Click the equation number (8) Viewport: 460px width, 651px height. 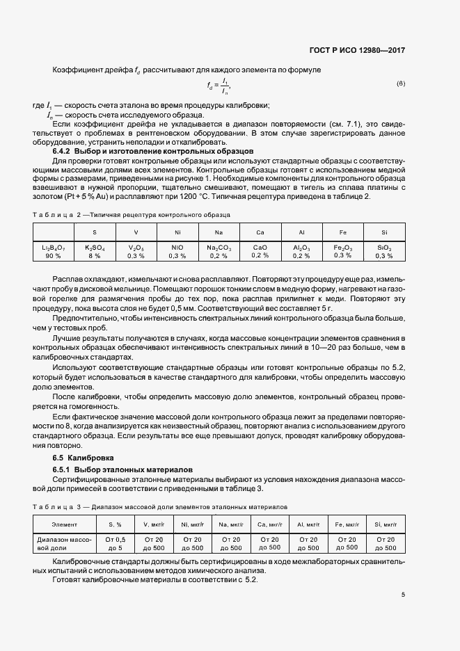pyautogui.click(x=400, y=84)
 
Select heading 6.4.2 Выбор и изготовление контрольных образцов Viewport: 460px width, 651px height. pyautogui.click(x=153, y=151)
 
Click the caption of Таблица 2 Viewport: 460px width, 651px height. pyautogui.click(x=132, y=216)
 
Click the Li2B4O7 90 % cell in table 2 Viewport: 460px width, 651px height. pyautogui.click(x=54, y=251)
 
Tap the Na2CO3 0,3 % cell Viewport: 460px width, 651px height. pyautogui.click(x=219, y=251)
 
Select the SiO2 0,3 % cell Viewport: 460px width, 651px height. pyautogui.click(x=384, y=251)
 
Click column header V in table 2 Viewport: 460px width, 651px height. pyautogui.click(x=136, y=232)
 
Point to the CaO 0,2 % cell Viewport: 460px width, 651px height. pyautogui.click(x=260, y=251)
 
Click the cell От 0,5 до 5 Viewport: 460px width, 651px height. pyautogui.click(x=116, y=543)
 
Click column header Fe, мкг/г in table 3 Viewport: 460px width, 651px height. pyautogui.click(x=347, y=524)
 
